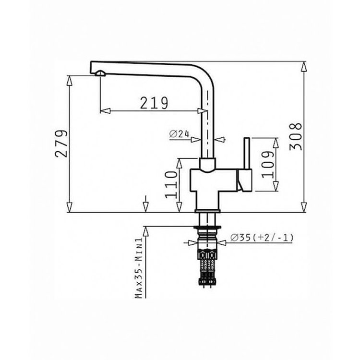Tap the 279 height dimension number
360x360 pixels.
click(62, 144)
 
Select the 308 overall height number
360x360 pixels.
click(296, 137)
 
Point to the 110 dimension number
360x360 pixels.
click(171, 185)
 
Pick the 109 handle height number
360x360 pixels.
click(268, 164)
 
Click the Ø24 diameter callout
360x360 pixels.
click(179, 134)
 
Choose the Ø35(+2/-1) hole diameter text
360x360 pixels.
click(262, 238)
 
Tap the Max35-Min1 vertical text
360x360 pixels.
click(139, 268)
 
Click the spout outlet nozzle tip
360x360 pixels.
click(100, 73)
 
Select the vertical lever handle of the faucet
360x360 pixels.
click(247, 154)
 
